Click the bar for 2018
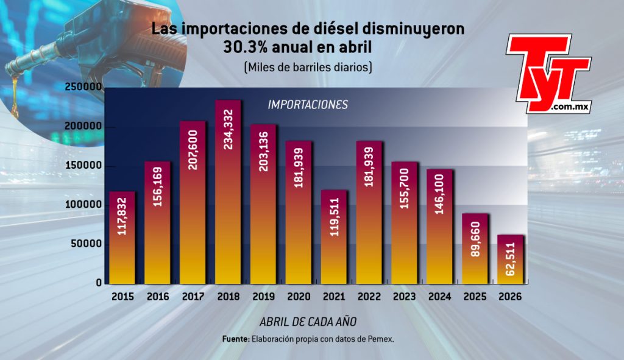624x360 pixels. click(x=228, y=192)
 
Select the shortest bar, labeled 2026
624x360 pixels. click(x=510, y=259)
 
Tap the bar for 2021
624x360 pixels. click(x=334, y=237)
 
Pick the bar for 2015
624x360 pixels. click(x=122, y=238)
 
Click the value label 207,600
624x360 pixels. click(x=193, y=150)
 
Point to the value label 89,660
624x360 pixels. click(x=475, y=239)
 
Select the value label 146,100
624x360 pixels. click(x=439, y=194)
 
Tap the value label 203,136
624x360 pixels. click(x=263, y=152)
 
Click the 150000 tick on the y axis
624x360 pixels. click(x=83, y=166)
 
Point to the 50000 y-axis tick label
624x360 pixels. click(x=87, y=244)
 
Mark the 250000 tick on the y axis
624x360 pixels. click(x=83, y=87)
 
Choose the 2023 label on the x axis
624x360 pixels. click(x=405, y=297)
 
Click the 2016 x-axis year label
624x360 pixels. click(x=158, y=297)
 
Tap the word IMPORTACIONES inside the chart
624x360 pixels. click(x=308, y=105)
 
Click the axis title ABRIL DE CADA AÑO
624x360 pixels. click(x=308, y=322)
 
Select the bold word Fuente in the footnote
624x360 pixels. click(x=236, y=339)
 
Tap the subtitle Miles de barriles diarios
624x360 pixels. click(x=308, y=67)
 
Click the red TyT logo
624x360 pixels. click(x=548, y=74)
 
